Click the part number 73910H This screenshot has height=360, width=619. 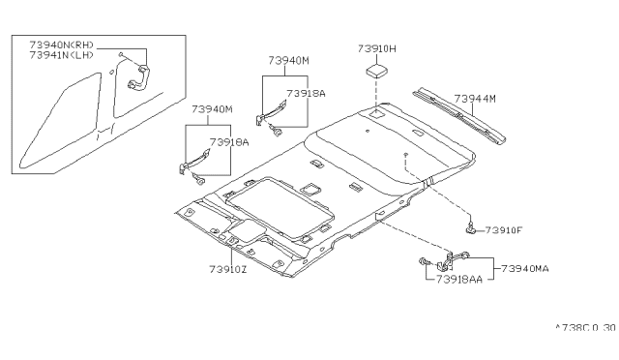click(376, 48)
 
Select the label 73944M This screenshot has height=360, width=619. click(475, 99)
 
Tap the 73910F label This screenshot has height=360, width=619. click(503, 230)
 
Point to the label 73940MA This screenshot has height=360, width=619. click(525, 269)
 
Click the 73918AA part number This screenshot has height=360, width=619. click(459, 280)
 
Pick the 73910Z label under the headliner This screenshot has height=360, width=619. click(228, 269)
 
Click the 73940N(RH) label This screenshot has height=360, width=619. click(61, 45)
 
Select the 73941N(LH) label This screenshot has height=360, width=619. click(61, 55)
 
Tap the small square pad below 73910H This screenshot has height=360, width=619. click(377, 72)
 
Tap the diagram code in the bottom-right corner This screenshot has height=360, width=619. click(586, 328)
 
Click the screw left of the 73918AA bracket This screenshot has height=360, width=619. click(424, 261)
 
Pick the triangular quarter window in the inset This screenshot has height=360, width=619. click(59, 121)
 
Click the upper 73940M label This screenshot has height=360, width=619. click(288, 60)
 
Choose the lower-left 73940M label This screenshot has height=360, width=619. click(212, 109)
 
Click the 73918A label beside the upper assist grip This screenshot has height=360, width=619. click(306, 94)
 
